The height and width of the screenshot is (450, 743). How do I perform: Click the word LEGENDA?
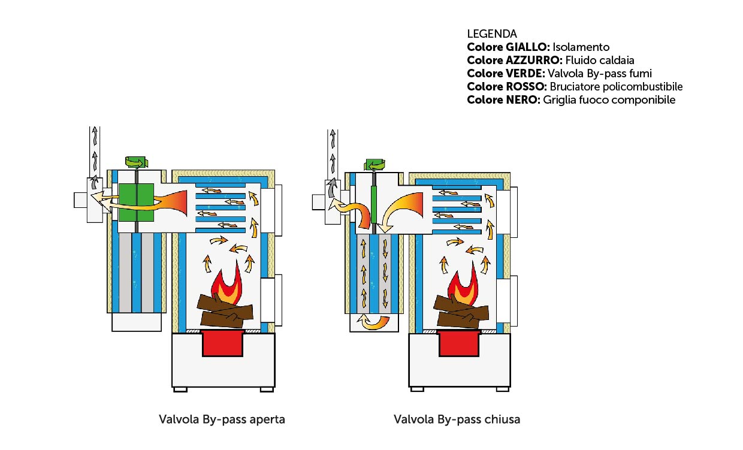491,34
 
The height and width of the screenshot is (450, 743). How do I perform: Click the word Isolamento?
581,47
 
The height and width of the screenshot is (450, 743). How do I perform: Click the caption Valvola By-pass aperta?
222,419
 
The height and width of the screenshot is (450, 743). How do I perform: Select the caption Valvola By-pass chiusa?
457,419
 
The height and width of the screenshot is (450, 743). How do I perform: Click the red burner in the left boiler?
223,344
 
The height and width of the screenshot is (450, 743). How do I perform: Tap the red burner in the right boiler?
459,343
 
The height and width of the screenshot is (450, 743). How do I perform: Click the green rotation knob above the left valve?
135,161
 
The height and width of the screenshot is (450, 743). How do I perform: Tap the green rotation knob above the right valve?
376,164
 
